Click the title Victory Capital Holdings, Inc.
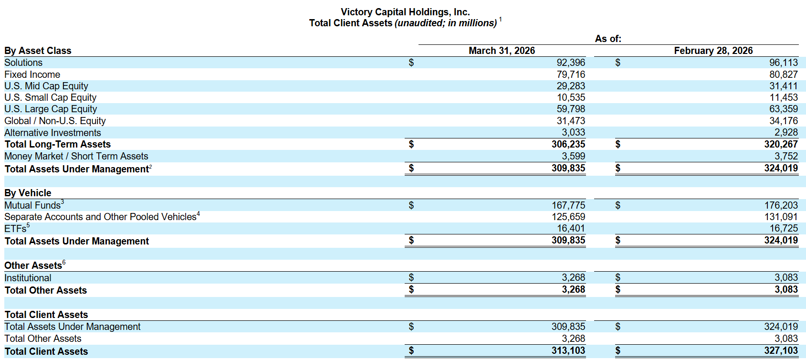pos(405,12)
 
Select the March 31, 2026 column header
pos(502,51)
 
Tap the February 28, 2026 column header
pos(713,51)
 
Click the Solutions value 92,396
pos(571,63)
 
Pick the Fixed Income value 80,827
pos(783,74)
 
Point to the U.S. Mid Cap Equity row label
pos(46,86)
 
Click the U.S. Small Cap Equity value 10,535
pos(571,97)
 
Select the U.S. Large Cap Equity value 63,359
pos(783,109)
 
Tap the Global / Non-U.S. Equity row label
pos(55,121)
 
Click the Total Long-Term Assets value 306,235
pos(568,144)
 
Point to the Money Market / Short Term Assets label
pos(76,156)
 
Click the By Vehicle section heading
pos(28,193)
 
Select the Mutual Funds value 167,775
pos(568,205)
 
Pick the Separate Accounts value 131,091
pos(781,217)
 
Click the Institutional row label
pos(28,278)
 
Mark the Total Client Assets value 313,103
pos(568,350)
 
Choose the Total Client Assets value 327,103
pos(781,350)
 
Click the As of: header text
pos(608,39)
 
